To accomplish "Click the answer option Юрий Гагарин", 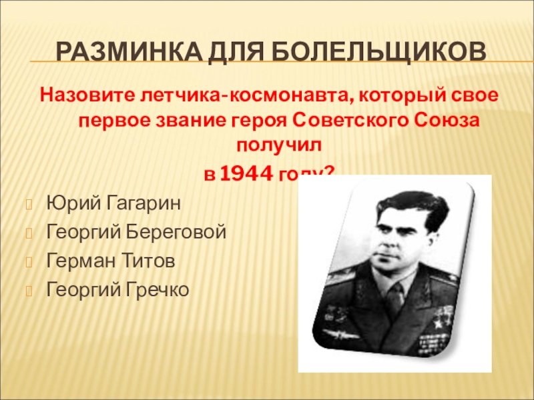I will point(113,201).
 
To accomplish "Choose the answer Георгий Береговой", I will point(136,231).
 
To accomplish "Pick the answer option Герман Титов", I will point(111,261).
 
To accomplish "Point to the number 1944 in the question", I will point(246,175).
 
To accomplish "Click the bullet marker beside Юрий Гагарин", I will point(29,202).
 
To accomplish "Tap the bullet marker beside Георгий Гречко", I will point(29,291).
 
